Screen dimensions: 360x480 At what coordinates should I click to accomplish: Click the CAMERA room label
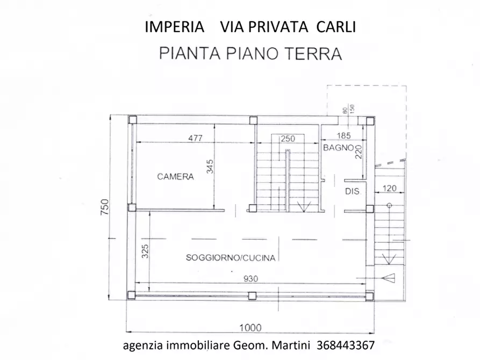[175, 176]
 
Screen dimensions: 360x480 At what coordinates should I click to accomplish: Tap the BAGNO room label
[337, 147]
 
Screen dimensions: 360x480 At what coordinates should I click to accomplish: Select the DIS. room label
[352, 191]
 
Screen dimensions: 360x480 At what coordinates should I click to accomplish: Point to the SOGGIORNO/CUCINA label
[231, 258]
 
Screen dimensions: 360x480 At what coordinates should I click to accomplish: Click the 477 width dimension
[195, 138]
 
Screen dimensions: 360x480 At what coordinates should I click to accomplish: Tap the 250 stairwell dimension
[288, 138]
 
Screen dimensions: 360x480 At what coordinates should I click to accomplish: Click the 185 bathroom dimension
[343, 136]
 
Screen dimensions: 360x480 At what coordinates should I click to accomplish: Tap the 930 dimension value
[252, 278]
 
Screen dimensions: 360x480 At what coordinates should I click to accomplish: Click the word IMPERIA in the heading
[175, 27]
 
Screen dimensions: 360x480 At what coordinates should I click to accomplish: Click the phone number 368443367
[346, 345]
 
